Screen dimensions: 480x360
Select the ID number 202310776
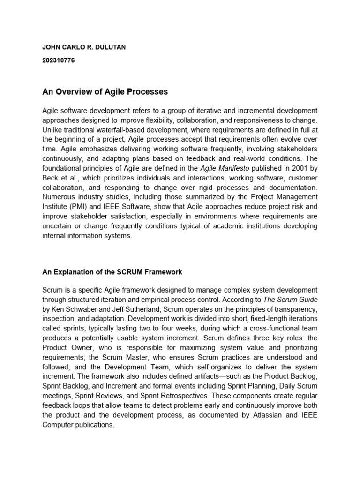pos(59,60)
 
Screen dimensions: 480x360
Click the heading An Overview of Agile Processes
pos(105,91)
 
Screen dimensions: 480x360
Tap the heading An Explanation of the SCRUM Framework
pos(112,272)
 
